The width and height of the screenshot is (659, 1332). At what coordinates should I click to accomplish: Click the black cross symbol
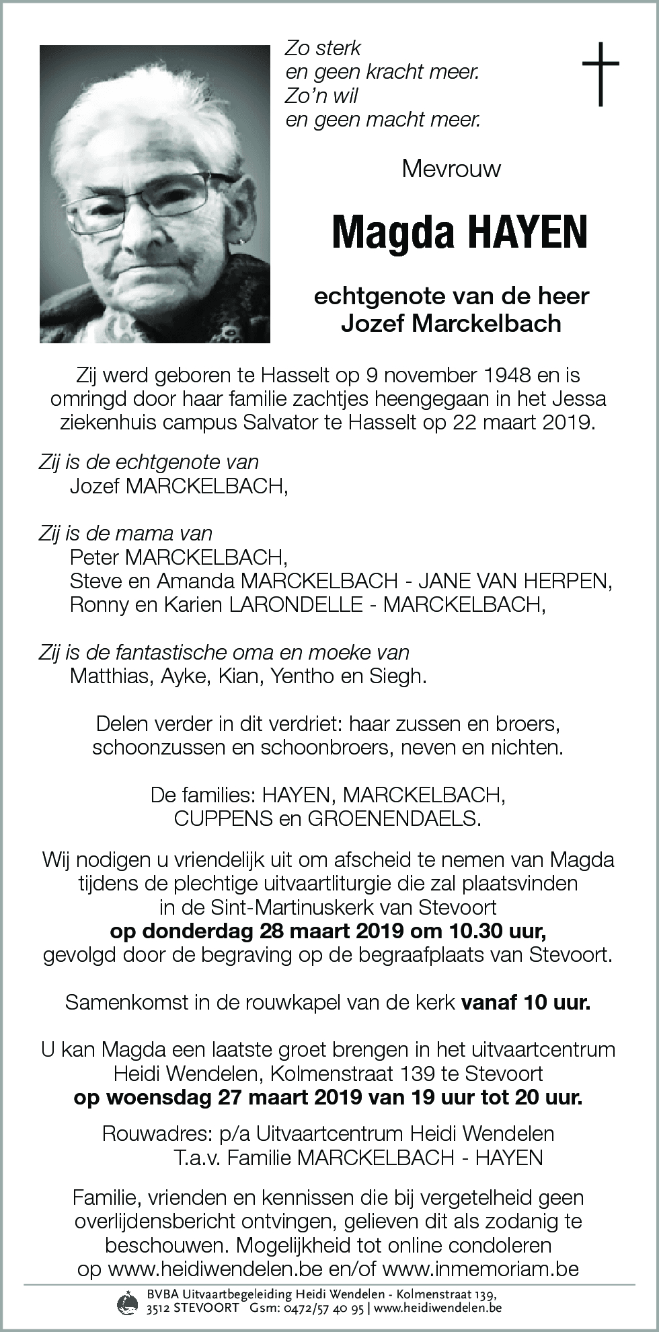coord(600,73)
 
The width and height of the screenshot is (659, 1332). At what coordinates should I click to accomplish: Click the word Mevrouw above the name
coord(451,168)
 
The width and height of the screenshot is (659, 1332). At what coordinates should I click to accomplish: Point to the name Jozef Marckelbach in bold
coord(451,324)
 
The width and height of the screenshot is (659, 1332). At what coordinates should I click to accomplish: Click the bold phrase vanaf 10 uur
coord(526,1002)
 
